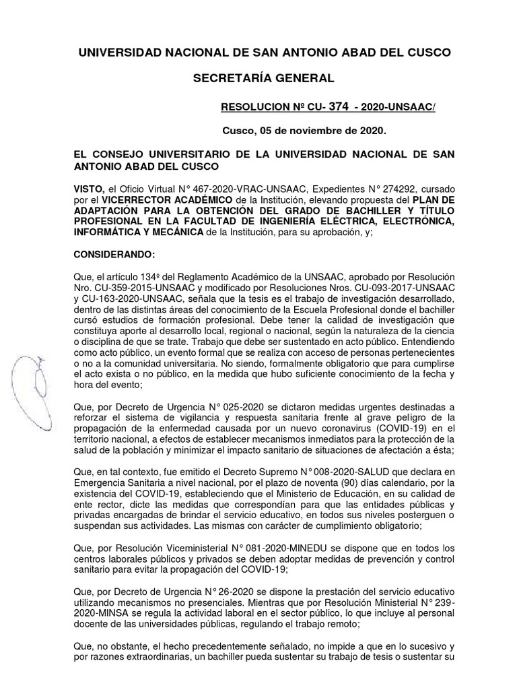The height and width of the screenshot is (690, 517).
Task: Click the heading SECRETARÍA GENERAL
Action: point(263,78)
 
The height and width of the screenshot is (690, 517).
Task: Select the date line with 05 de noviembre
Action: point(304,130)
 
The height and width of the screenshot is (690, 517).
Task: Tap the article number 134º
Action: point(149,278)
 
